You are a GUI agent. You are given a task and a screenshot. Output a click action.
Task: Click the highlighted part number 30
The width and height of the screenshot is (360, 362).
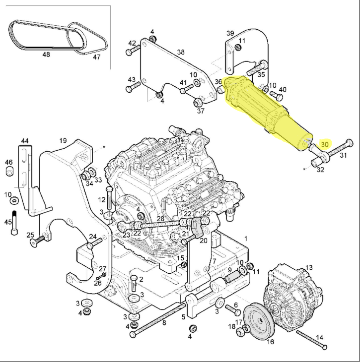coord(325,144)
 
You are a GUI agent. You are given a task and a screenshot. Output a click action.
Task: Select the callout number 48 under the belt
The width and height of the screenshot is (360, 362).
coord(46,55)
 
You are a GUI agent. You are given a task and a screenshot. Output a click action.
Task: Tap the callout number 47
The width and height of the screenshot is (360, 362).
coord(97,57)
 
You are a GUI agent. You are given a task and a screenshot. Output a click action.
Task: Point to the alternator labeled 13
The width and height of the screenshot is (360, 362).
coord(293,298)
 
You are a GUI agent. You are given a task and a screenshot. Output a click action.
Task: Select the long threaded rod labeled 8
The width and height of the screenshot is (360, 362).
coord(158,320)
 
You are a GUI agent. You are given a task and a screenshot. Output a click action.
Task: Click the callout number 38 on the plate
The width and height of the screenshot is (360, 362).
coord(181,52)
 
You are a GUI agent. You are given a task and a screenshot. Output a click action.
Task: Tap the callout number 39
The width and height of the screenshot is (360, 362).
coord(230,33)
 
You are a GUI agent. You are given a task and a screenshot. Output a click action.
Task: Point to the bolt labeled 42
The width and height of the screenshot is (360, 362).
coord(133,50)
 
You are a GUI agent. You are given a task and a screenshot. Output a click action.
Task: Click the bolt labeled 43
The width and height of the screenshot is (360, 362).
coord(133,86)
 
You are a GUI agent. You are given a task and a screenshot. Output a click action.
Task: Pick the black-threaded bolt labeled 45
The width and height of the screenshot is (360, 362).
coord(14,223)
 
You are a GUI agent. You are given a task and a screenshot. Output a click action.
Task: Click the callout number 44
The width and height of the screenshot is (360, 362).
coord(25,141)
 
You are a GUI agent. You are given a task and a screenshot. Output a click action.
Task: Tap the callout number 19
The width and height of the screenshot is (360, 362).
coord(63,140)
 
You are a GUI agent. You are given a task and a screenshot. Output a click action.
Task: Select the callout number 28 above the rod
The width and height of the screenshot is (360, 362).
coord(160,218)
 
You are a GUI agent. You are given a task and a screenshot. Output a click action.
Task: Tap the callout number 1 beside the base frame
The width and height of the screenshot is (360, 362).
coord(246,239)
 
